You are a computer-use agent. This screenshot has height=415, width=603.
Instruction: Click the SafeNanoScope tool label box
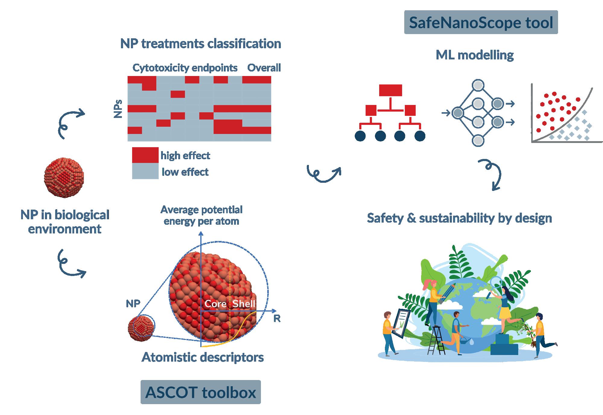(481, 23)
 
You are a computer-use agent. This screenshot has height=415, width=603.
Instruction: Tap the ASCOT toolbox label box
(201, 392)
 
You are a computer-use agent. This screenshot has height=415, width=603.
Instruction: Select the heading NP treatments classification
(201, 44)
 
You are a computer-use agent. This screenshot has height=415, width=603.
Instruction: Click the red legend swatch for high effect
(145, 155)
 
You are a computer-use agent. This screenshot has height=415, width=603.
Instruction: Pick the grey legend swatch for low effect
(145, 171)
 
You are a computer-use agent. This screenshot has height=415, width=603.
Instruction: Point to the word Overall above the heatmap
(264, 68)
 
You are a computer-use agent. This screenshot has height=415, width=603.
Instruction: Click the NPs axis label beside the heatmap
(118, 109)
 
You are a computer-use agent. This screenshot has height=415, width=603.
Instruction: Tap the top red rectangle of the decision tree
(390, 90)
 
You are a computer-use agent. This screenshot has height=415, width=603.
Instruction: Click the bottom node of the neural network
(478, 141)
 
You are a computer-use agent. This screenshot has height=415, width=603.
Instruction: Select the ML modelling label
(475, 55)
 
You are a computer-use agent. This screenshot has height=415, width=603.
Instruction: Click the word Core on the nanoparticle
(215, 304)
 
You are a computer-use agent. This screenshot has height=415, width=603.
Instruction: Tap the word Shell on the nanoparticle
(244, 304)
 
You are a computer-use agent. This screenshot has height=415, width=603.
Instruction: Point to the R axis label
(277, 319)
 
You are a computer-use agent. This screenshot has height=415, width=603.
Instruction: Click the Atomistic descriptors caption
(203, 357)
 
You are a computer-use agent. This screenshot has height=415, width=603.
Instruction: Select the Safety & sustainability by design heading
(459, 218)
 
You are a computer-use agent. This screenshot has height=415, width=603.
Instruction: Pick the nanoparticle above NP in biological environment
(64, 178)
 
